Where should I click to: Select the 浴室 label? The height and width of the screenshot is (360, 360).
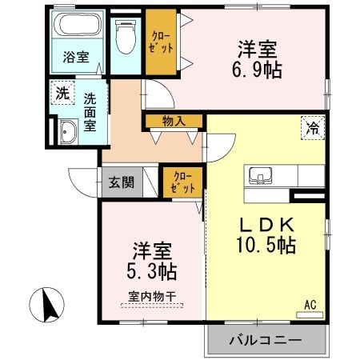[76, 58]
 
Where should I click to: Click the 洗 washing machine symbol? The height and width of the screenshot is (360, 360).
[62, 92]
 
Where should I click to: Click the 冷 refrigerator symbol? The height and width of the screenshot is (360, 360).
[313, 126]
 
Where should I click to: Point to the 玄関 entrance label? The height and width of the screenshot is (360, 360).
[120, 182]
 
